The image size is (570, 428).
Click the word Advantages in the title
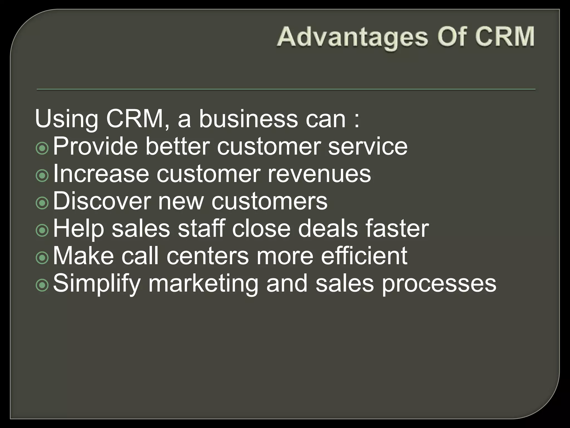coord(352,37)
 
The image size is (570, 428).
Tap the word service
coord(368,147)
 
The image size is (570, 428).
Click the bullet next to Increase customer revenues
coord(42,176)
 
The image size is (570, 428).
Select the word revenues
coord(319,174)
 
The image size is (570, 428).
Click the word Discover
coord(102,201)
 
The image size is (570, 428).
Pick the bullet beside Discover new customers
coord(42,203)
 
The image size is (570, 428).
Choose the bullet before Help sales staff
coord(42,230)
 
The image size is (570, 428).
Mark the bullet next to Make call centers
coord(42,258)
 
